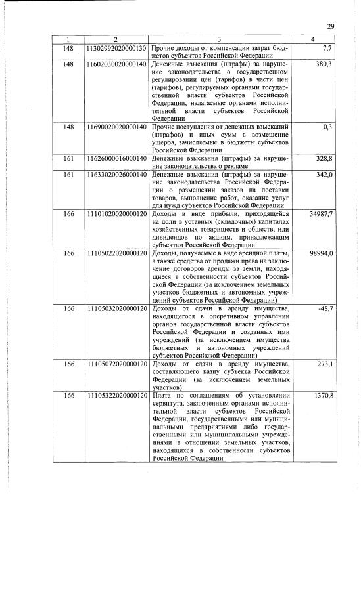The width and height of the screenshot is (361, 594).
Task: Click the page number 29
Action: [331, 26]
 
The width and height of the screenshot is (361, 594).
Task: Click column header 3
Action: [219, 41]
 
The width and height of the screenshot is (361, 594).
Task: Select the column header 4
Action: [312, 41]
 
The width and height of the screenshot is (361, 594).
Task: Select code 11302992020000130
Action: [116, 49]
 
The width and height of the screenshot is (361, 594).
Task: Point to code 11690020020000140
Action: [116, 127]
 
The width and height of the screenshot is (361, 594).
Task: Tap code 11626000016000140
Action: [116, 158]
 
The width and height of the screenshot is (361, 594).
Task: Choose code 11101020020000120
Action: [116, 213]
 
